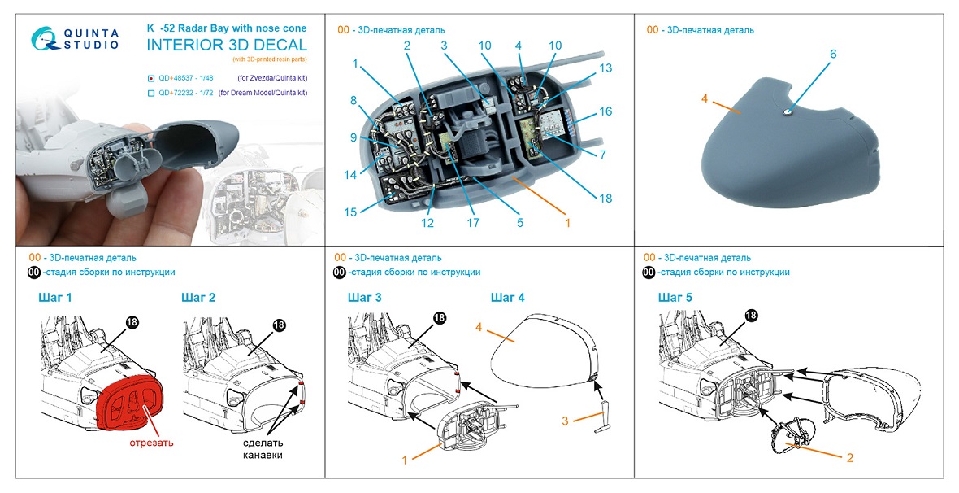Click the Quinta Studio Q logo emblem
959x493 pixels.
coord(46,38)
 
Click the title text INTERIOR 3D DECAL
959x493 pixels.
coord(227,45)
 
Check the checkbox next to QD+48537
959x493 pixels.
coord(152,78)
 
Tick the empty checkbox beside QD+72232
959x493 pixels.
coord(152,94)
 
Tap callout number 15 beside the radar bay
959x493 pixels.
coord(350,212)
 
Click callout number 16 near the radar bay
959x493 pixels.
coord(605,111)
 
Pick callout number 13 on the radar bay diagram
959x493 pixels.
coord(605,69)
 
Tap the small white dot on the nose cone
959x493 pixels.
coord(788,112)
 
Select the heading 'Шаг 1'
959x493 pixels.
coord(54,298)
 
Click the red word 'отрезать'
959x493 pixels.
coord(151,443)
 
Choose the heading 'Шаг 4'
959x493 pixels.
coord(508,298)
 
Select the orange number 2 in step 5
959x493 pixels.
coord(849,458)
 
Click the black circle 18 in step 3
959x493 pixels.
coord(440,318)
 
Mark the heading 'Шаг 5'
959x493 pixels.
coord(675,298)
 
